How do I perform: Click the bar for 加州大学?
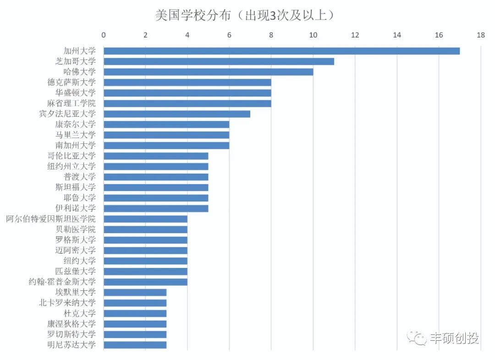[x=281, y=51]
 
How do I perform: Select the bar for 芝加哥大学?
[x=219, y=61]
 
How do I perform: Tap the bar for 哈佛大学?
[x=208, y=72]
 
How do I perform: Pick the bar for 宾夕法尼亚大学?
[x=177, y=114]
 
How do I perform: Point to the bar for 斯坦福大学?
[x=156, y=187]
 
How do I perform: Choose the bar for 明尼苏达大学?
[x=135, y=345]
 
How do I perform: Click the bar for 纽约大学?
[x=145, y=261]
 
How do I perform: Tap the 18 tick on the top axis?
[x=480, y=35]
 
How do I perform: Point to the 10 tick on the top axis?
[x=313, y=35]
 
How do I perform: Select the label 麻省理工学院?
[x=71, y=104]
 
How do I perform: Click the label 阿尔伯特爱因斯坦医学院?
[x=51, y=219]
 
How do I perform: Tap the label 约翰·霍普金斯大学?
[x=62, y=282]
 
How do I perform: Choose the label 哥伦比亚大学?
[x=71, y=156]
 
